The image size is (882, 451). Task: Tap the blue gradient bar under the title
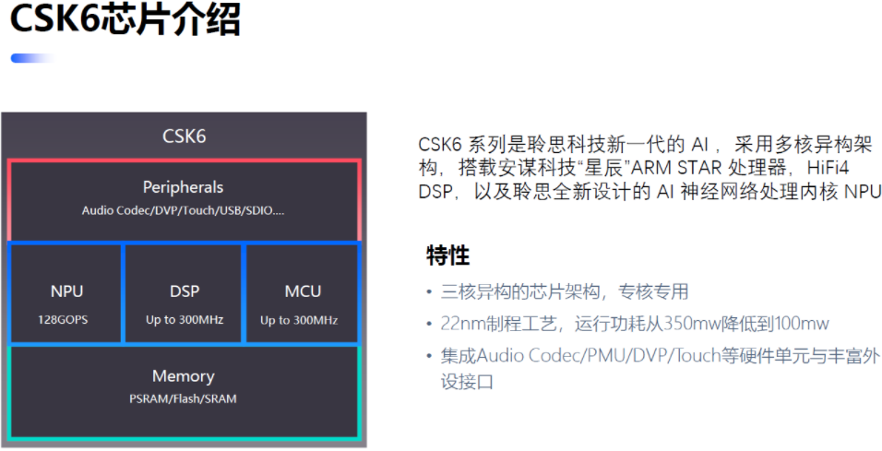[x=34, y=58]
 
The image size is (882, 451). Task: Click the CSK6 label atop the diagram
[x=184, y=136]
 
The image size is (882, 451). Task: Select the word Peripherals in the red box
[x=183, y=187]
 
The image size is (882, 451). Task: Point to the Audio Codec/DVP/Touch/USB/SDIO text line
[x=183, y=211]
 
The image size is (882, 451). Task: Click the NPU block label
[x=66, y=291]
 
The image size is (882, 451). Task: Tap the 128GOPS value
[x=63, y=320]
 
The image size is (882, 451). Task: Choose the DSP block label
[x=185, y=291]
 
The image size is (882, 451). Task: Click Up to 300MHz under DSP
[x=185, y=320]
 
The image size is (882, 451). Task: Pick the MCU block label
[x=303, y=291]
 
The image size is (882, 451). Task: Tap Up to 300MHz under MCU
[x=299, y=321]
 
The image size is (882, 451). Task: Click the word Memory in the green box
[x=184, y=376]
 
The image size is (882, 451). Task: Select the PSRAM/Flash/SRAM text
[x=183, y=398]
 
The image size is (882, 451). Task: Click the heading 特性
[x=447, y=255]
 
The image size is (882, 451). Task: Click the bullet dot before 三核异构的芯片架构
[x=429, y=291]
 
